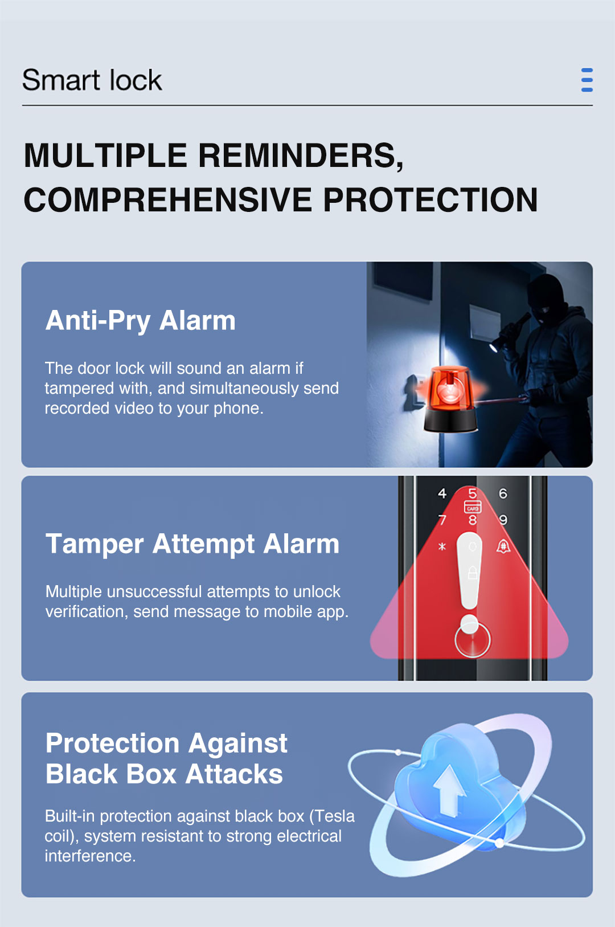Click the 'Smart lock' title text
point(92,80)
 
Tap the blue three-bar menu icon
point(587,80)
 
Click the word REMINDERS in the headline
point(301,156)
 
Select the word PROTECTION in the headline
point(430,200)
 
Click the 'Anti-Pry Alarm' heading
point(140,321)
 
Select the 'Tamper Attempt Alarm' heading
point(192,544)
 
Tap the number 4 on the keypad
point(442,493)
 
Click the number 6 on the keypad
point(503,493)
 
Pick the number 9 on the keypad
point(503,520)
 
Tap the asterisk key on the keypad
point(442,546)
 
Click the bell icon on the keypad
point(503,546)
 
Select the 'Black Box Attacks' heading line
point(164,774)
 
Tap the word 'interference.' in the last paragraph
point(90,856)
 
